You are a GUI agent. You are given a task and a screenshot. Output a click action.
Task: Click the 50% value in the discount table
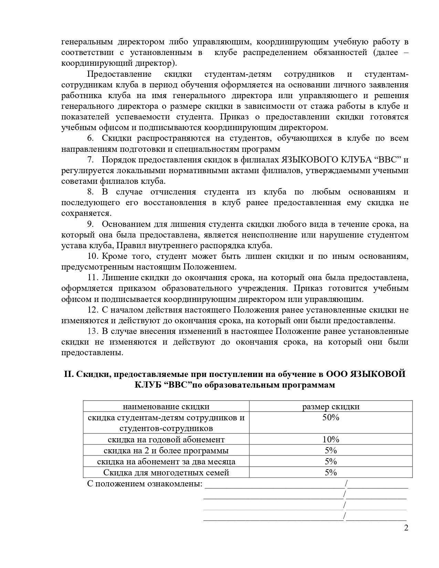(331, 418)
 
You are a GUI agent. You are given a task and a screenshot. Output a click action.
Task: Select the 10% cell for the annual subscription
(331, 440)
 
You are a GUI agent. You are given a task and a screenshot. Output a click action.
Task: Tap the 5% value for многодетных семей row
(331, 473)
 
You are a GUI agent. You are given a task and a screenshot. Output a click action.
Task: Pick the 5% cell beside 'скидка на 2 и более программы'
(331, 451)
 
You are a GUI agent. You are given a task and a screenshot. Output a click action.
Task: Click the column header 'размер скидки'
(331, 407)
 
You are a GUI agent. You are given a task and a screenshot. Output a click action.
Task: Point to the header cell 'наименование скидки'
(166, 407)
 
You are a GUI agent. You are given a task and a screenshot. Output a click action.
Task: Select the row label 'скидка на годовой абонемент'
(166, 440)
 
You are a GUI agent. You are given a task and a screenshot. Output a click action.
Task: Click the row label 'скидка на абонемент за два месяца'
(166, 462)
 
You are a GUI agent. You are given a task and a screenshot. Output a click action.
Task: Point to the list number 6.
(90, 138)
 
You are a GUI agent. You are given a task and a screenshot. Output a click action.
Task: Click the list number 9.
(90, 224)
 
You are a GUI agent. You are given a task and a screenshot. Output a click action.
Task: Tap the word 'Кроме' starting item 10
(115, 256)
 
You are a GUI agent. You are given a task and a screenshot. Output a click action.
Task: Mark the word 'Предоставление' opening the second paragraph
(119, 74)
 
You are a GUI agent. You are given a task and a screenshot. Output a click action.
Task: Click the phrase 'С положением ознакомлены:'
(145, 484)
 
